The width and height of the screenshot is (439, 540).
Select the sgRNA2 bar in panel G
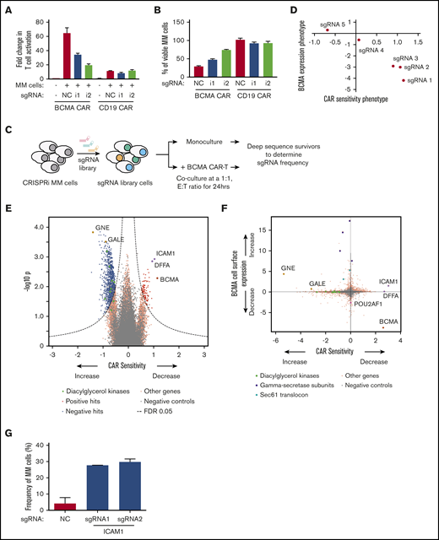pos(133,486)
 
